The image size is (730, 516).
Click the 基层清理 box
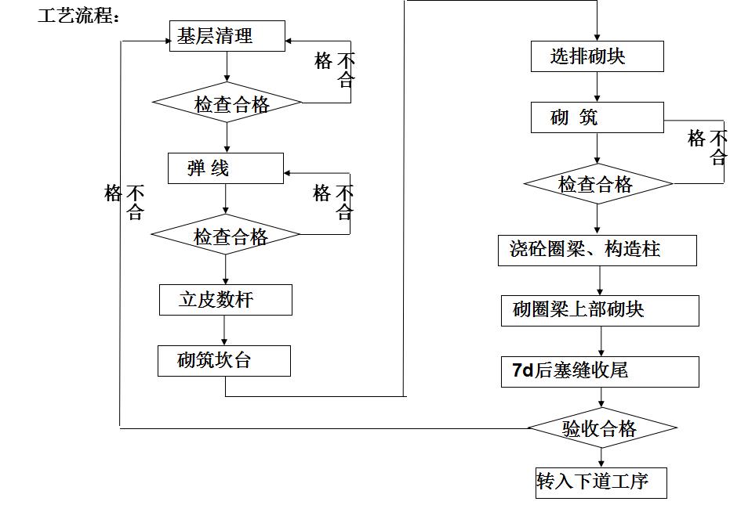point(227,36)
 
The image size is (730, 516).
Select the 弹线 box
point(226,168)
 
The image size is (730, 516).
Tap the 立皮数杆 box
point(226,300)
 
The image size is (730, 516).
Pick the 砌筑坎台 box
point(224,361)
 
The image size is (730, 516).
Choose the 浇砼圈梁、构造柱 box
point(597,250)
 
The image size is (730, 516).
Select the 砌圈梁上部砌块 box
point(601,311)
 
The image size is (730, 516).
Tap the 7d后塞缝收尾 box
point(601,371)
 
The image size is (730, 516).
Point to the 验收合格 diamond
point(601,428)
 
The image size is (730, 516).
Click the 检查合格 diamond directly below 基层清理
point(227,103)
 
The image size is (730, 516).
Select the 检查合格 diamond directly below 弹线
point(226,236)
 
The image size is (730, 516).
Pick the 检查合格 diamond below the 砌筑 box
point(598,184)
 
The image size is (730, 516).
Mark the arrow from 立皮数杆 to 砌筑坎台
point(225,330)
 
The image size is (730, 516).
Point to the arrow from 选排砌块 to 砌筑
point(597,87)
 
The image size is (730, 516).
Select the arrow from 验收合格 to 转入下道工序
point(601,456)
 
